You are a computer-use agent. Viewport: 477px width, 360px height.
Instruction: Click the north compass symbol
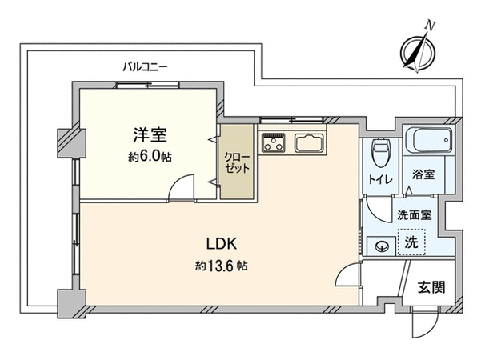click(417, 52)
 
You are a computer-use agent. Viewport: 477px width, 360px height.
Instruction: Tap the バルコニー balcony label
click(145, 66)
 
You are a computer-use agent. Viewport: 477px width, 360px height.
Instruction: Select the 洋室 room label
click(150, 135)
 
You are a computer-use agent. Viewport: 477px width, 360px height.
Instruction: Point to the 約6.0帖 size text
click(150, 157)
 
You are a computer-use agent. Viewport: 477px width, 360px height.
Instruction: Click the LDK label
click(222, 243)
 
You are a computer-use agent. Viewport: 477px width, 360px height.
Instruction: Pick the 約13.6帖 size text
click(221, 266)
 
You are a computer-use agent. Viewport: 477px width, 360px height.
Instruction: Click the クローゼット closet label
click(237, 162)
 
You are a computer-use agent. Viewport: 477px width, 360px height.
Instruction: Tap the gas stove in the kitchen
click(274, 142)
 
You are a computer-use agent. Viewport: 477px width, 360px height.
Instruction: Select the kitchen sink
click(308, 142)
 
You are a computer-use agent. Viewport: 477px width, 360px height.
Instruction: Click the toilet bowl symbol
click(380, 153)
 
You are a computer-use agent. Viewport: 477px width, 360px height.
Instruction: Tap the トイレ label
click(380, 180)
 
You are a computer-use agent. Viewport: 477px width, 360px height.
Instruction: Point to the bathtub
click(429, 140)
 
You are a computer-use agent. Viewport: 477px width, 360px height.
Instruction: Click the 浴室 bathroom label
click(423, 174)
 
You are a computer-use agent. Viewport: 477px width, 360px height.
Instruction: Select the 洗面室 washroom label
click(415, 215)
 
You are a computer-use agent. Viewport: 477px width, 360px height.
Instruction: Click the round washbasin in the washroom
click(382, 246)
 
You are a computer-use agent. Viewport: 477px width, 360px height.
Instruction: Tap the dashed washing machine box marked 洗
click(411, 242)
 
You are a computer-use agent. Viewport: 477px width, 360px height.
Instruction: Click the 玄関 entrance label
click(431, 287)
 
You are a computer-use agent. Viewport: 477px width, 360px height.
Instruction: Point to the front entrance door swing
click(424, 322)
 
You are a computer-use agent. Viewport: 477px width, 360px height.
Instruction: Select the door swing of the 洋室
click(181, 186)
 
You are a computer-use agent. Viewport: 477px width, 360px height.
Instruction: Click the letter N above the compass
click(430, 26)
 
